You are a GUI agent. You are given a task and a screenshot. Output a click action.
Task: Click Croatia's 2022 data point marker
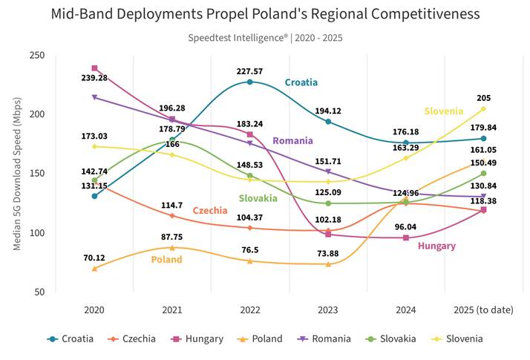pyautogui.click(x=250, y=82)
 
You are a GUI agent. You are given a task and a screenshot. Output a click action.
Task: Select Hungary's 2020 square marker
pyautogui.click(x=95, y=68)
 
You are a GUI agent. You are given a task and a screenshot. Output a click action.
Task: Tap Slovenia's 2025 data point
pyautogui.click(x=483, y=109)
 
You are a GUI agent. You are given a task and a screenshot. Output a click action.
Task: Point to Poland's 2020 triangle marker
pyautogui.click(x=95, y=269)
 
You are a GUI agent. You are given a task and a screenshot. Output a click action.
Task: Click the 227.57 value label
pyautogui.click(x=249, y=71)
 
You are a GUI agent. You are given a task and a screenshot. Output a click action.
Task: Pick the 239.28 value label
pyautogui.click(x=94, y=78)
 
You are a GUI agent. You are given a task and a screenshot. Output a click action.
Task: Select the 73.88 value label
pyautogui.click(x=328, y=254)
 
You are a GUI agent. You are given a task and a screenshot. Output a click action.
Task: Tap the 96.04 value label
pyautogui.click(x=405, y=227)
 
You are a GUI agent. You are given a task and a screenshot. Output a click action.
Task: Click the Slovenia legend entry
pyautogui.click(x=458, y=338)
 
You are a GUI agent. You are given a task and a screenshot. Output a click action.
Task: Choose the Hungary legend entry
pyautogui.click(x=197, y=338)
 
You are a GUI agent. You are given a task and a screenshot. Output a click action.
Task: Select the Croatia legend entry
pyautogui.click(x=71, y=338)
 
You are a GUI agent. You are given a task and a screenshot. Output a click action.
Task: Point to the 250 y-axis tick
pyautogui.click(x=37, y=55)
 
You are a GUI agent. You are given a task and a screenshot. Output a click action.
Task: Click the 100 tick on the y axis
pyautogui.click(x=37, y=233)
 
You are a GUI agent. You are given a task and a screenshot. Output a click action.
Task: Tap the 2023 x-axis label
pyautogui.click(x=328, y=310)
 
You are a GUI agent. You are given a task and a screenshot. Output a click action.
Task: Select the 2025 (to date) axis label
pyautogui.click(x=483, y=310)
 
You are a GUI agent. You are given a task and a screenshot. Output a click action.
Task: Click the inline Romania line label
pyautogui.click(x=292, y=140)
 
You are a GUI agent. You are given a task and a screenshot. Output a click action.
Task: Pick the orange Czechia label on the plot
pyautogui.click(x=210, y=211)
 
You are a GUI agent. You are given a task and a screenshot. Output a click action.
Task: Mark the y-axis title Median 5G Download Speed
pyautogui.click(x=17, y=174)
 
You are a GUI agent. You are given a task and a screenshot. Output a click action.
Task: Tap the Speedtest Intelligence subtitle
pyautogui.click(x=265, y=38)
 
